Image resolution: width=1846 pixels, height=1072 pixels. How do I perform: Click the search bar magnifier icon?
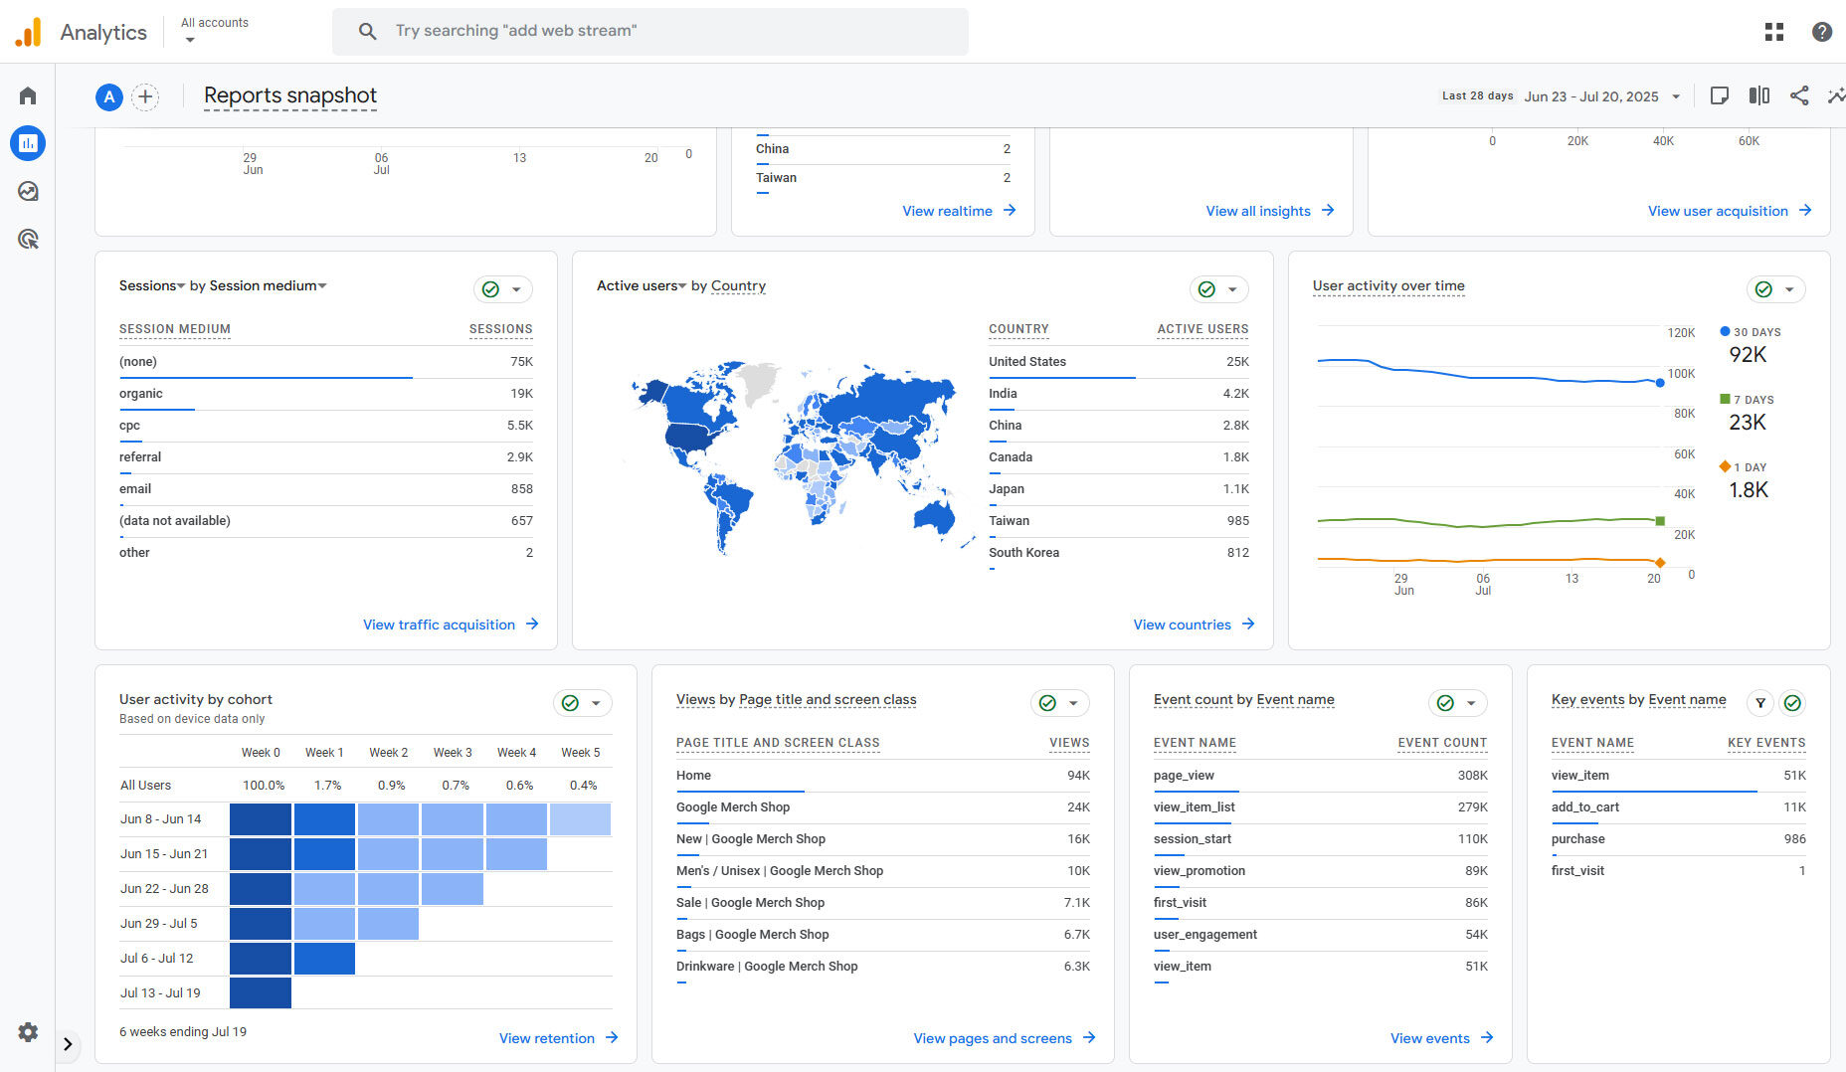click(367, 31)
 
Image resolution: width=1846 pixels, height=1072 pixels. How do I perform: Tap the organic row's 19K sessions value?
click(521, 394)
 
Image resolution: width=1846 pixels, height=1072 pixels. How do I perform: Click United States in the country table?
click(1026, 362)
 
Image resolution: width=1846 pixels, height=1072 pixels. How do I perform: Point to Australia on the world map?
click(934, 516)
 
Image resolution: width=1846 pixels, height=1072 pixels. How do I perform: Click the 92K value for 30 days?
click(1748, 355)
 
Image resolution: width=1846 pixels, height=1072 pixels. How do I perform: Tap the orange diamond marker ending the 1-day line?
click(1660, 563)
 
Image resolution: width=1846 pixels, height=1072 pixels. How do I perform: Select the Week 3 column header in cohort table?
click(453, 753)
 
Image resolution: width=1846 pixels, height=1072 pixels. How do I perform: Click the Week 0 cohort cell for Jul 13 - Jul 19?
click(261, 992)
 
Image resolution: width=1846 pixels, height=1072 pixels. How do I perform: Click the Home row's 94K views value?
click(1078, 776)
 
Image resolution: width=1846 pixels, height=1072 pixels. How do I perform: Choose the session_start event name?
click(1192, 839)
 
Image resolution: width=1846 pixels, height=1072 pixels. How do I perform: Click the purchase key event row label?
click(1577, 839)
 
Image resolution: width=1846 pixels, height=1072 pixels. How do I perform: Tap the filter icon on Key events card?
click(1760, 703)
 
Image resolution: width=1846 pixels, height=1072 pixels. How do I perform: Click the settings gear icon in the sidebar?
click(28, 1032)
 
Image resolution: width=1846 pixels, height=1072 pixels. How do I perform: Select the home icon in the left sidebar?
click(28, 96)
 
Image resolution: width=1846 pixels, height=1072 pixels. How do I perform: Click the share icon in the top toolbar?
click(1799, 95)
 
